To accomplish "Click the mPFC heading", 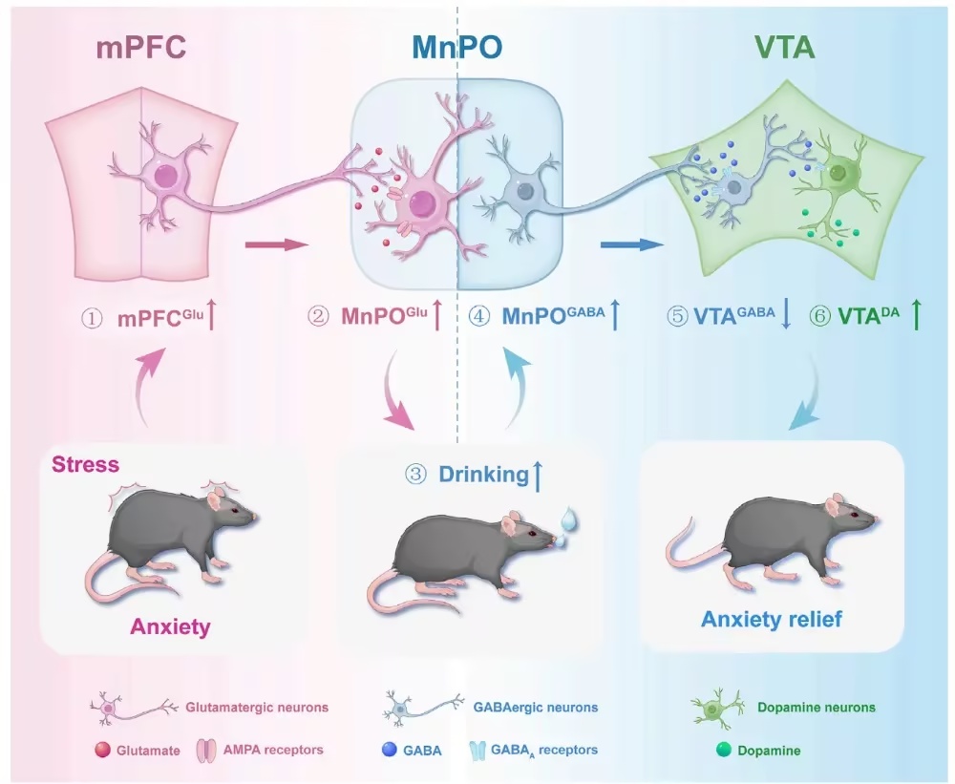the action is coord(140,48).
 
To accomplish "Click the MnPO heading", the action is coord(457,48).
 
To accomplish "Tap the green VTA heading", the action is coord(784,48).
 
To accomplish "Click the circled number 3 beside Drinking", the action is coord(416,474).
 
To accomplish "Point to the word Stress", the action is coord(85,464).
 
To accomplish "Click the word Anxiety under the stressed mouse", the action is coord(171,626).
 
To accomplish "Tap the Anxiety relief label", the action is coord(772,619).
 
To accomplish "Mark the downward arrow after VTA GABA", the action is coord(786,316).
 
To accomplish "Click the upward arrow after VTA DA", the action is coord(916,315).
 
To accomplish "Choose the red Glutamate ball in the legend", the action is coord(102,750).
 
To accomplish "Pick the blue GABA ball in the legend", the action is coord(390,750).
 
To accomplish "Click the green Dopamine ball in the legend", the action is coord(724,750).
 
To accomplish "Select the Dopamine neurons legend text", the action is coord(817,708).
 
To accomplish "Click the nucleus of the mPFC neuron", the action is coord(165,178).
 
